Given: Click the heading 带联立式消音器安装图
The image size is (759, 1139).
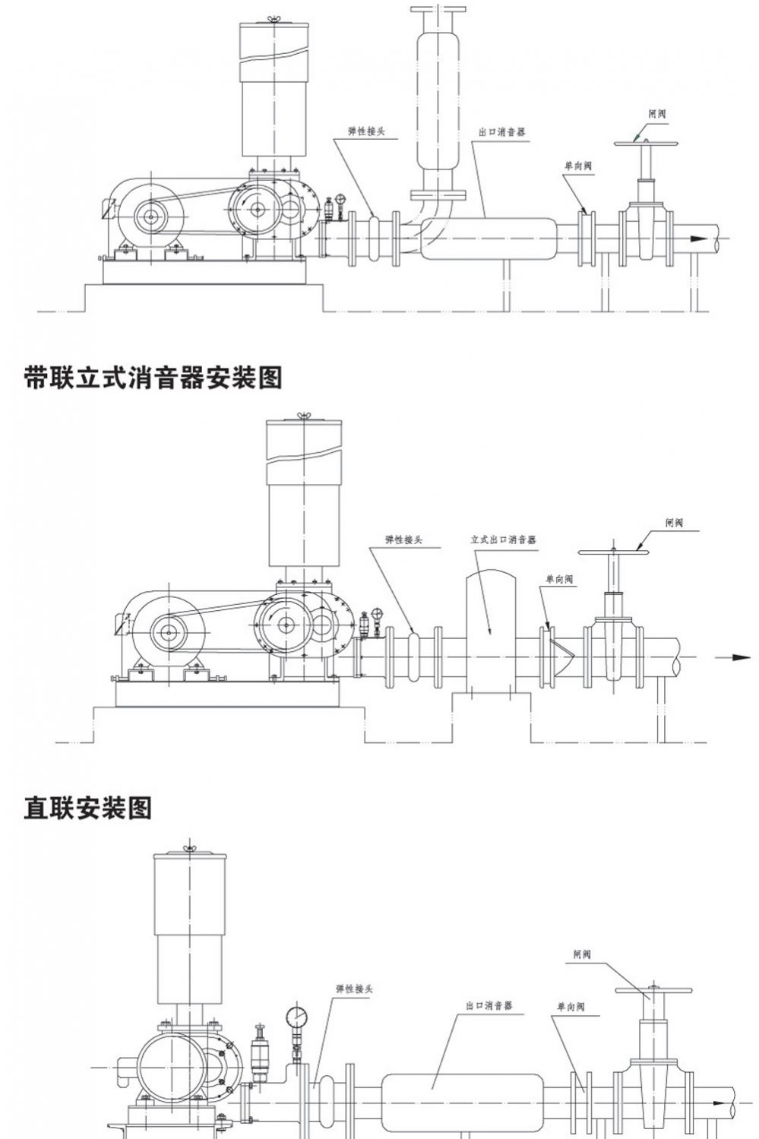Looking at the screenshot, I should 153,377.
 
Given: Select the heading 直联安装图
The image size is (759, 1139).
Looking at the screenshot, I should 88,808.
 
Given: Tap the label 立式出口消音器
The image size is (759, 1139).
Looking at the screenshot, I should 503,539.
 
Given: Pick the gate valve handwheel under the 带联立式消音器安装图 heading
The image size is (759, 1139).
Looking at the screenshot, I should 613,552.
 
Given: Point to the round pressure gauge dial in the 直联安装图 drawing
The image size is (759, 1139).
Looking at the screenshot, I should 297,1017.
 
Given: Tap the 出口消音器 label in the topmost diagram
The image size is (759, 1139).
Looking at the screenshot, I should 502,131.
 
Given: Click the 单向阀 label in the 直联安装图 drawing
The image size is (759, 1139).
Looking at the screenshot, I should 571,1007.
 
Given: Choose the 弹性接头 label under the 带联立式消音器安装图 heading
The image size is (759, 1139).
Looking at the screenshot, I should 403,539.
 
